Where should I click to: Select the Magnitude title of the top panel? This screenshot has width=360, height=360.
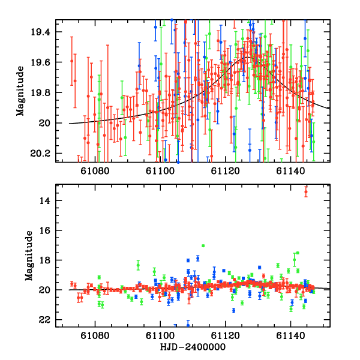click(x=20, y=91)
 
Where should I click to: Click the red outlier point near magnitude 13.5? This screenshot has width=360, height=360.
click(x=306, y=192)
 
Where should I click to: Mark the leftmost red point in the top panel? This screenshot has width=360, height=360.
click(x=72, y=61)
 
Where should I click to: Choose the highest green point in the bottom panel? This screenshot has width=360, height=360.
click(x=203, y=245)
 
